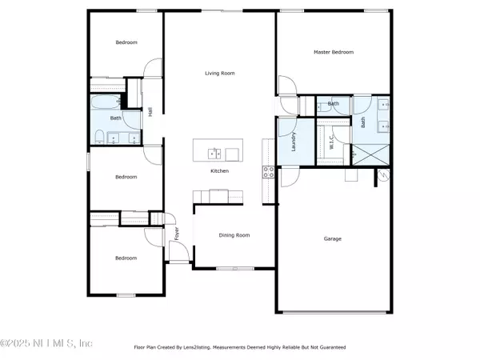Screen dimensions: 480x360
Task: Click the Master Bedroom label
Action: pyautogui.click(x=334, y=52)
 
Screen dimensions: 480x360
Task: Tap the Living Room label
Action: pyautogui.click(x=220, y=73)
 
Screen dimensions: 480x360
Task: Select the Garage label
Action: pyautogui.click(x=333, y=238)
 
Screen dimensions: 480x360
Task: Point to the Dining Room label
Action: pyautogui.click(x=234, y=235)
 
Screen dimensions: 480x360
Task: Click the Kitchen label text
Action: pyautogui.click(x=219, y=171)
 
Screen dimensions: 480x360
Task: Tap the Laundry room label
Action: pyautogui.click(x=294, y=142)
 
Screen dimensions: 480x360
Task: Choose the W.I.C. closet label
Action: pyautogui.click(x=331, y=142)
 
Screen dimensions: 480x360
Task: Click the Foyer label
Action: pyautogui.click(x=177, y=234)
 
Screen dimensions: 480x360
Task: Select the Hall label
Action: pyautogui.click(x=150, y=112)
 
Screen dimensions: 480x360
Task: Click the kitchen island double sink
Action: pyautogui.click(x=214, y=154)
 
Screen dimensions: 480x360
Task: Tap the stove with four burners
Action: pyautogui.click(x=268, y=172)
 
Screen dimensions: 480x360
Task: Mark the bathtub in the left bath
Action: pyautogui.click(x=106, y=102)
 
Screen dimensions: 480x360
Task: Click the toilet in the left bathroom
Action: pyautogui.click(x=99, y=137)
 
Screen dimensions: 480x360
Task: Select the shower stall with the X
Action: pyautogui.click(x=370, y=154)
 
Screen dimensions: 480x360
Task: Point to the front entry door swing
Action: pyautogui.click(x=179, y=252)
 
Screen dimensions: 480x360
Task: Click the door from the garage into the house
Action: pyautogui.click(x=290, y=177)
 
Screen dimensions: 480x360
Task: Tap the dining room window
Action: pyautogui.click(x=235, y=269)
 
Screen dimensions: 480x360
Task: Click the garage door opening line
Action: pyautogui.click(x=334, y=312)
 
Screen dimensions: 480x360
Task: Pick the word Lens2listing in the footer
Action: pyautogui.click(x=197, y=347)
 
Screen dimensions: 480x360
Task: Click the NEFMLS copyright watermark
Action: pyautogui.click(x=46, y=343)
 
